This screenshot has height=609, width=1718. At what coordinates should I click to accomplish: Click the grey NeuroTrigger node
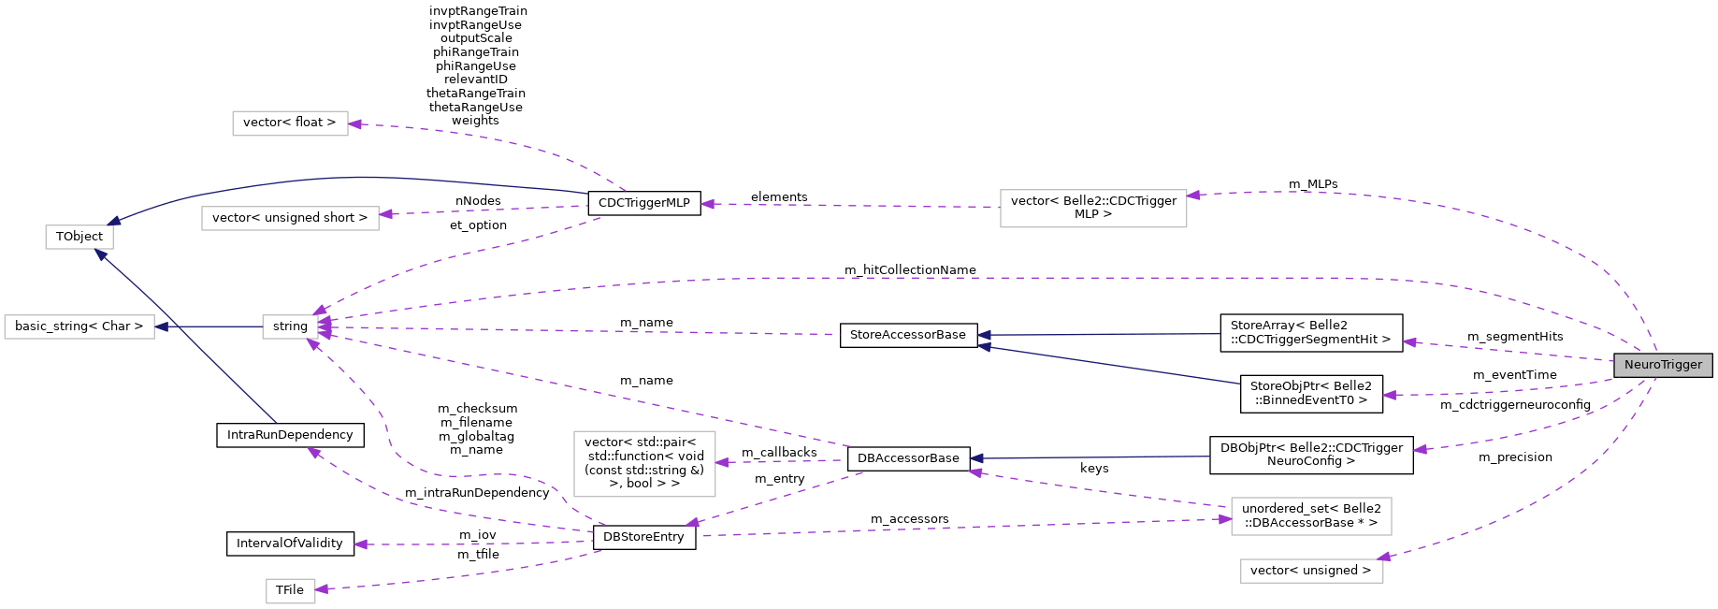click(x=1663, y=365)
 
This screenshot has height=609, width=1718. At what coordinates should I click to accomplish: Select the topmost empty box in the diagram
click(x=290, y=123)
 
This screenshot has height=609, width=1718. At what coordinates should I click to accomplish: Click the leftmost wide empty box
click(x=79, y=326)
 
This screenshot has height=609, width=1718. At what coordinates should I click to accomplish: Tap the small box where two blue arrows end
click(x=79, y=238)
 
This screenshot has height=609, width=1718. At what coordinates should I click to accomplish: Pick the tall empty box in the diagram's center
click(x=644, y=464)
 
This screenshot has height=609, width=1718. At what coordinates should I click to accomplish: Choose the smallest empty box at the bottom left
click(x=291, y=591)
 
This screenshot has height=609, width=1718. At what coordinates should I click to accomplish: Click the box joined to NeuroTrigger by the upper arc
click(x=1093, y=209)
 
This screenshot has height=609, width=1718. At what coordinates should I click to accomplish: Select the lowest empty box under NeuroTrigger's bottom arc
click(x=1311, y=571)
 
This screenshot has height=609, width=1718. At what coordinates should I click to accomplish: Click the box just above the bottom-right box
click(x=1311, y=516)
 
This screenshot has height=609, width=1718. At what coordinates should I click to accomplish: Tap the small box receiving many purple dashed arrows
click(x=290, y=326)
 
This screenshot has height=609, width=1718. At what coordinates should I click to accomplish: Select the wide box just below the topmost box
click(x=290, y=218)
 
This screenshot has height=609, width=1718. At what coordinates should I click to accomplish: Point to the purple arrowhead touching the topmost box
click(x=355, y=123)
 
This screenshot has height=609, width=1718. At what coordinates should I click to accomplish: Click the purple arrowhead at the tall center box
click(x=723, y=462)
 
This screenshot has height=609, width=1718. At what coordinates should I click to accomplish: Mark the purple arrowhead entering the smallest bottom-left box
click(x=322, y=588)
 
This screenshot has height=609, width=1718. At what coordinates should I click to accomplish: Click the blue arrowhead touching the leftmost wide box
click(x=162, y=326)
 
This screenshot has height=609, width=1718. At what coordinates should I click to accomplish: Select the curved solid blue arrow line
click(x=355, y=177)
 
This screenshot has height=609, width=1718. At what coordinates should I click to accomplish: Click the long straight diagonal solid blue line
click(x=187, y=338)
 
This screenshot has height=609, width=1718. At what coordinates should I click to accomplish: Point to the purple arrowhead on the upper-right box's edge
click(x=1194, y=196)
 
